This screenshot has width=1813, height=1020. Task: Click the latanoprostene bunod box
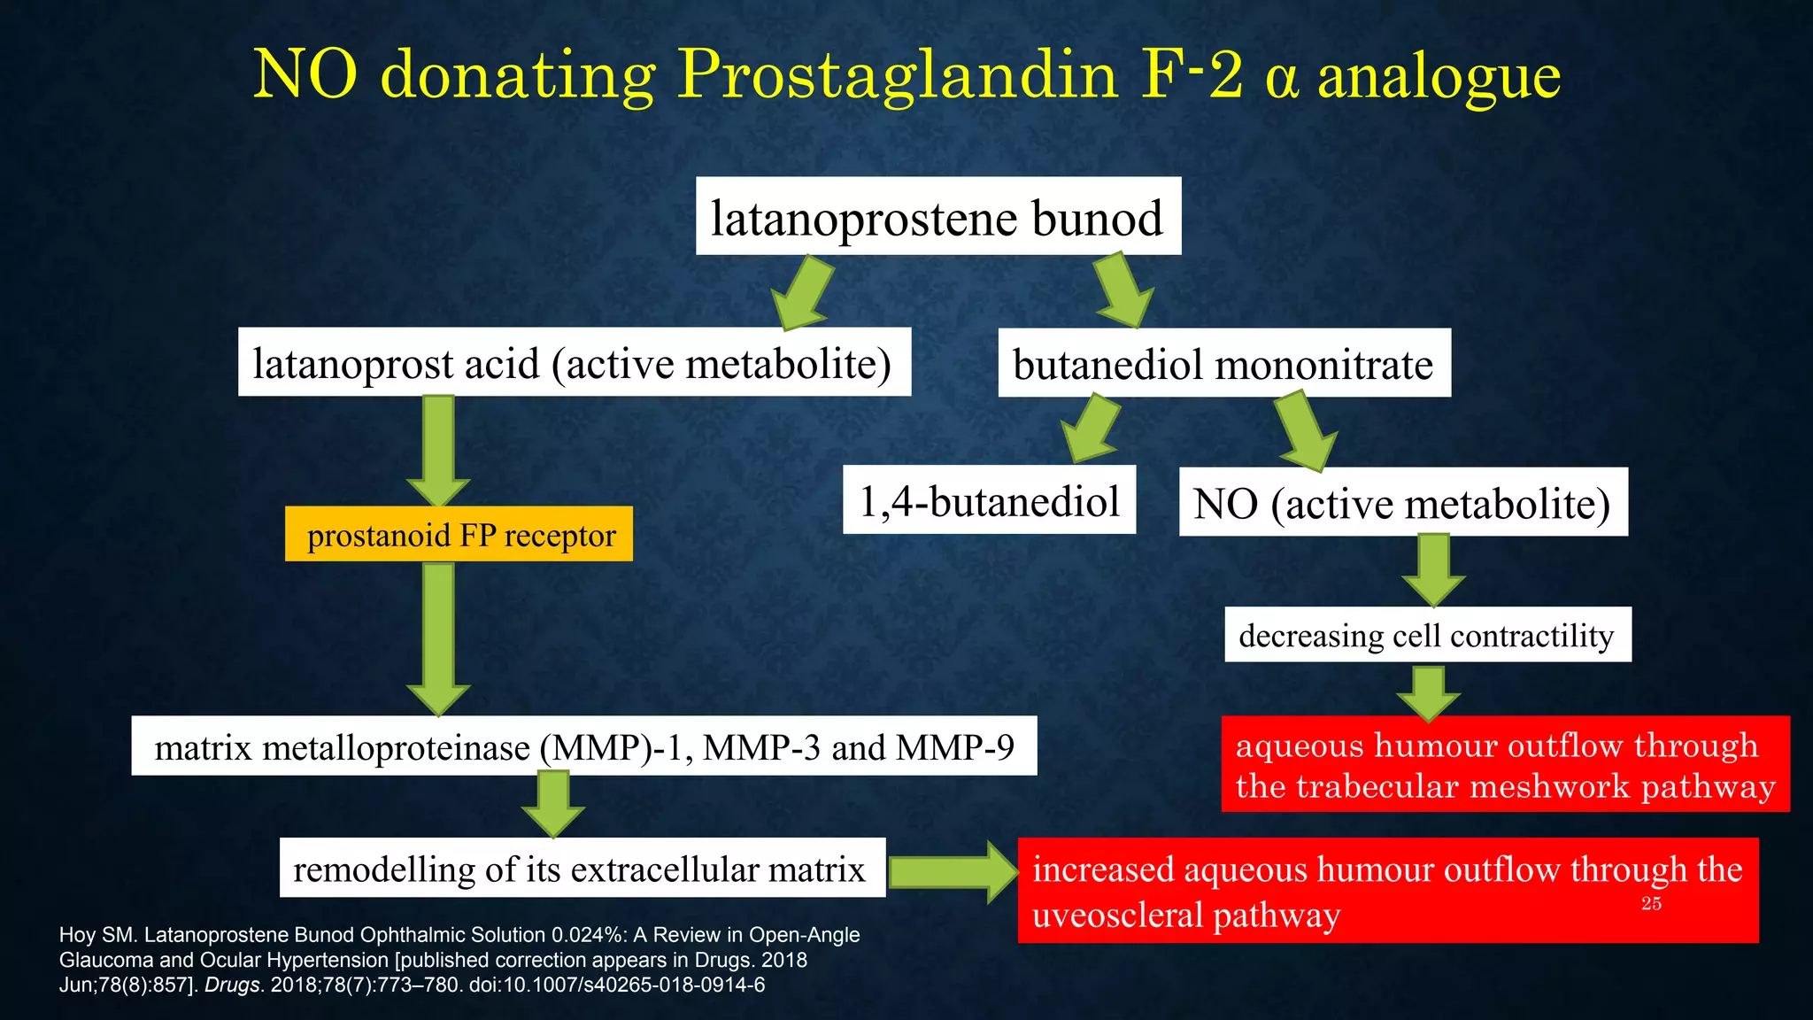937,217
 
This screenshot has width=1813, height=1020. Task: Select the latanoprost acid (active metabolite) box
574,363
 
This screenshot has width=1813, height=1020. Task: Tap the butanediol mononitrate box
1223,364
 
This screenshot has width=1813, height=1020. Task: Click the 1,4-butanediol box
989,501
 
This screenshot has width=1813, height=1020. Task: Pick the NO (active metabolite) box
1402,503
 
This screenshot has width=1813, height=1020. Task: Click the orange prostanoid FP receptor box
459,535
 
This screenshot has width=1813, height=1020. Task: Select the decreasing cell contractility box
1427,635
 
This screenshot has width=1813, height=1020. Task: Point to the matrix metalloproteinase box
583,746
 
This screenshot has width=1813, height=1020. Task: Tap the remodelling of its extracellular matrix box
582,869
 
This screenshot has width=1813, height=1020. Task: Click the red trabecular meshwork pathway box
1505,764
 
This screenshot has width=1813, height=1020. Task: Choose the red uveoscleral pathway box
1387,891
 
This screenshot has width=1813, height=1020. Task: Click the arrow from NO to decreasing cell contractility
1433,570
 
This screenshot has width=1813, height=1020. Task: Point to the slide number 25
1651,904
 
